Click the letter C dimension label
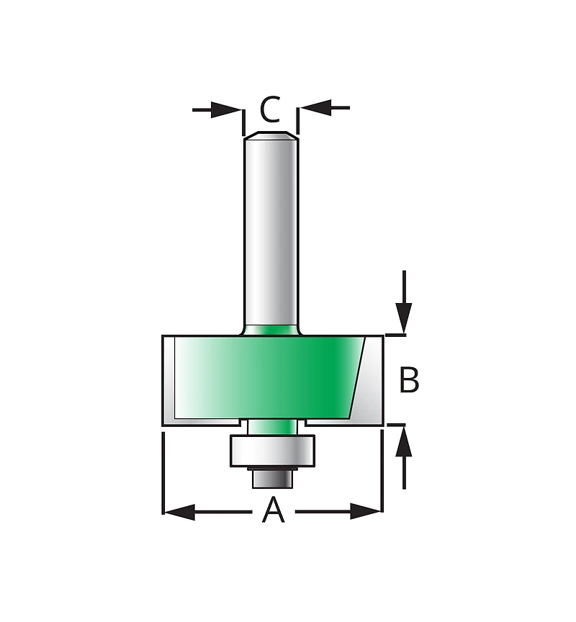tap(270, 109)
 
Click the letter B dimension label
tap(409, 379)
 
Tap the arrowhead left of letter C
tap(225, 109)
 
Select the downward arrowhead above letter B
tap(403, 318)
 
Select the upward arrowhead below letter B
tap(403, 440)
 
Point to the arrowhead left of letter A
tap(179, 512)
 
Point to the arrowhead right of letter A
tap(366, 512)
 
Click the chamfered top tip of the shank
tap(271, 135)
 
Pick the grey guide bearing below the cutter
tap(272, 451)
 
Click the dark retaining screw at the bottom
tap(272, 477)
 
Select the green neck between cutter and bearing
tap(272, 427)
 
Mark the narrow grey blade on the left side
tap(168, 380)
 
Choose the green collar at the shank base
tap(271, 330)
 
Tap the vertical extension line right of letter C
tap(298, 121)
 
